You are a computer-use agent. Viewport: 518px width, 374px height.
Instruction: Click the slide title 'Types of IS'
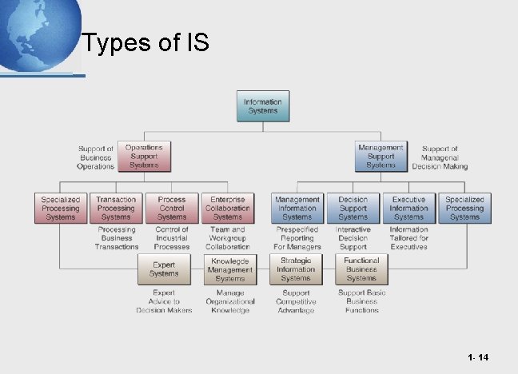coord(145,42)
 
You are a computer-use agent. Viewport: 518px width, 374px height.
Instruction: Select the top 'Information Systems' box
coord(262,106)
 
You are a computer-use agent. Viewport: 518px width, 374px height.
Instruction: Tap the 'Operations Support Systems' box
coord(144,157)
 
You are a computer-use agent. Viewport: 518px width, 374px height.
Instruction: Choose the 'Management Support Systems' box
coord(381,157)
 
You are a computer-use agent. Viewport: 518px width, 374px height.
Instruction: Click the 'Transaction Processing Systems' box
coord(116,208)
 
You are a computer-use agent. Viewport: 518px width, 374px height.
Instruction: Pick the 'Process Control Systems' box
coord(172,208)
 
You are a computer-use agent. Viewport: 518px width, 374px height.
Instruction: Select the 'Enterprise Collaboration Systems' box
coord(228,208)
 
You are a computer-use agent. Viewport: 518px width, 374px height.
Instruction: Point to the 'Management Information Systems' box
coord(297,208)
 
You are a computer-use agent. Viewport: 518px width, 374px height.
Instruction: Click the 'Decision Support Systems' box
coord(353,208)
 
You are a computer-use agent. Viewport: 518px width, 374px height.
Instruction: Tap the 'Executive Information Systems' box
coord(408,208)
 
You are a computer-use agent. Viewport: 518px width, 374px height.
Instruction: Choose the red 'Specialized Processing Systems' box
coord(61,208)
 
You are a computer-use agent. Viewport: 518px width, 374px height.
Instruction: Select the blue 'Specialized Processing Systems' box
coord(464,208)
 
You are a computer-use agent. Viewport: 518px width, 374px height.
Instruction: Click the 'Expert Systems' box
coord(164,269)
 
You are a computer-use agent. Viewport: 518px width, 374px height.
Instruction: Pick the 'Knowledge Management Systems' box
coord(229,269)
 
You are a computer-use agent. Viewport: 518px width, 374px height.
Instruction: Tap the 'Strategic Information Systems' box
coord(296,269)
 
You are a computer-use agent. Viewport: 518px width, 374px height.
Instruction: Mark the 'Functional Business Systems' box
coord(361,269)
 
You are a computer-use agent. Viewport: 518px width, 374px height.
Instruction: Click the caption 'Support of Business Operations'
coord(96,157)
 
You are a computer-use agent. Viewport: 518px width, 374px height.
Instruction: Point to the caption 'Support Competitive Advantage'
coord(296,301)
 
